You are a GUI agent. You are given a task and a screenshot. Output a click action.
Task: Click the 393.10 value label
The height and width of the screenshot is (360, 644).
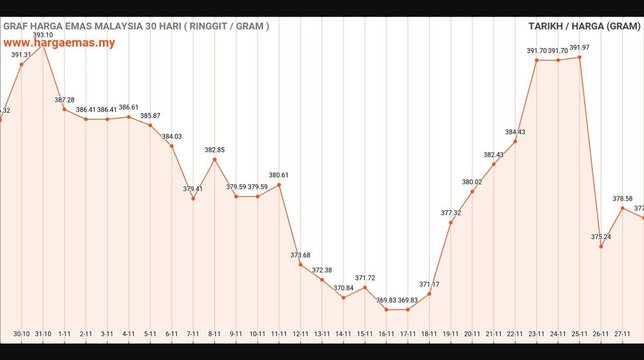pos(42,35)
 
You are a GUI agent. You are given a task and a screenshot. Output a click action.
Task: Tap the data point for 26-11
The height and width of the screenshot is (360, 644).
pos(601,247)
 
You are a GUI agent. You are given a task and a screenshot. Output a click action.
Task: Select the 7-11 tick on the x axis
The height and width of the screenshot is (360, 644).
pos(193,334)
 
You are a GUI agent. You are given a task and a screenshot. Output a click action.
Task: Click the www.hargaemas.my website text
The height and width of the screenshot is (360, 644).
pos(59,43)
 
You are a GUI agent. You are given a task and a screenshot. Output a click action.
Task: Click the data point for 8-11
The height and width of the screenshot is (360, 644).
pos(214,159)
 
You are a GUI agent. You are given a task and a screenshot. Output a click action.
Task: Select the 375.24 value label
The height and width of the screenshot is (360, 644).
pos(601,236)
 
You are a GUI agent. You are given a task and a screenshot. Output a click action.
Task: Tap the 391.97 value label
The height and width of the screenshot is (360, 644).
pos(579,47)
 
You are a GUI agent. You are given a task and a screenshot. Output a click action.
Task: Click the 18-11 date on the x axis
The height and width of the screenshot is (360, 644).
pos(429,334)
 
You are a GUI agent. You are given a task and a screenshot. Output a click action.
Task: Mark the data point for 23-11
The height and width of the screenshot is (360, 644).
pos(536,60)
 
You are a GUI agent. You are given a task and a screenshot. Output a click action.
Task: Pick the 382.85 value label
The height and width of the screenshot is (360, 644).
pos(214,150)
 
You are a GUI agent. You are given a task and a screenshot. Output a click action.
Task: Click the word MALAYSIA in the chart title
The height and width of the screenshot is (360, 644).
pos(112,26)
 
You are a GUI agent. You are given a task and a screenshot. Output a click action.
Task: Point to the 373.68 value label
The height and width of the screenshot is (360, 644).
pos(300,255)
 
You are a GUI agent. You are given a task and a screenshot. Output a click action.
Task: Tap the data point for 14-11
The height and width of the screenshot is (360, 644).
pos(344,298)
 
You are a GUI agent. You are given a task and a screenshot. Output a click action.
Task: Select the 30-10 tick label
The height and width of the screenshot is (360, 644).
pos(22,334)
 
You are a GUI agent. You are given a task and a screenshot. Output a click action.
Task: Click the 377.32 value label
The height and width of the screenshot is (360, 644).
pos(450,213)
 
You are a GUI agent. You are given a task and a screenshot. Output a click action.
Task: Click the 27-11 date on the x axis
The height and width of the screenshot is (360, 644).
pos(622,334)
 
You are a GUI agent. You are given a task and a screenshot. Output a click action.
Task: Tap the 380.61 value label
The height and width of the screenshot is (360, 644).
pos(279,175)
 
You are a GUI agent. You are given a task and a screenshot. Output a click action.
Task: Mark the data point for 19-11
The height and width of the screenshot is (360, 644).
pos(450,222)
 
